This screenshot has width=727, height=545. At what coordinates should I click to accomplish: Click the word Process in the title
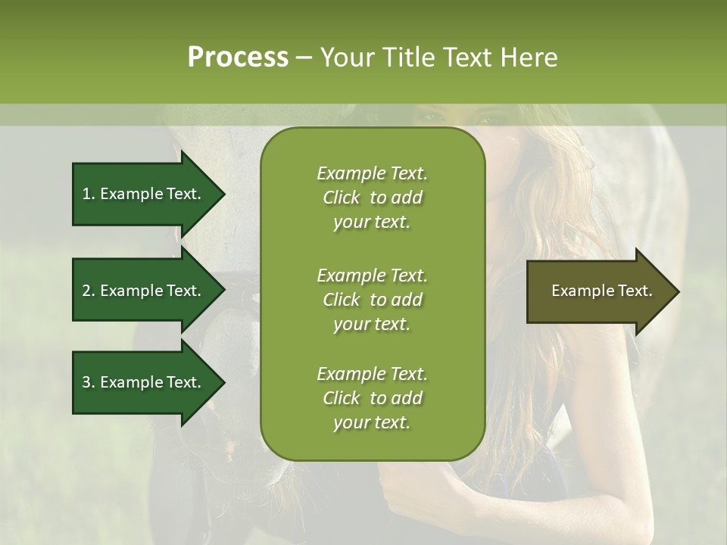tap(238, 58)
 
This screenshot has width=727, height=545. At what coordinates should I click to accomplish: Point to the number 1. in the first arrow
tap(89, 194)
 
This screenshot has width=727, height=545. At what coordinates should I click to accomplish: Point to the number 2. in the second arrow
tap(89, 291)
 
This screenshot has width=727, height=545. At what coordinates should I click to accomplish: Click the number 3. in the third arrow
tap(89, 382)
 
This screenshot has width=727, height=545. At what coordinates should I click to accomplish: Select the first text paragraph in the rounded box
tap(372, 198)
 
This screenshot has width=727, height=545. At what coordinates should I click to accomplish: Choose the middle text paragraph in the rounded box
tap(372, 299)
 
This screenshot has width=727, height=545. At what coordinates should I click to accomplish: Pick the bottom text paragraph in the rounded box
tap(372, 398)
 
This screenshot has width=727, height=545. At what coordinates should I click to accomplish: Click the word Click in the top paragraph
tap(341, 198)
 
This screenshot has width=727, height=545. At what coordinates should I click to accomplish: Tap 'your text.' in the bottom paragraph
tap(372, 423)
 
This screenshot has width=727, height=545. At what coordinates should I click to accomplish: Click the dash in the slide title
tap(304, 58)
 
